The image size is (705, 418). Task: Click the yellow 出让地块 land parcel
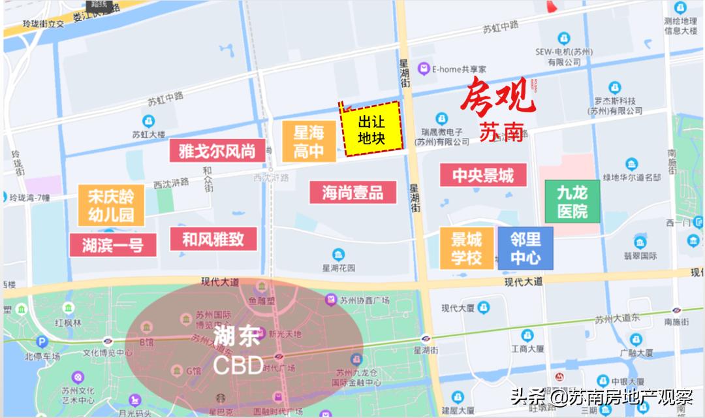tap(371, 130)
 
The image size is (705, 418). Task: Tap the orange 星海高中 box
tap(309, 142)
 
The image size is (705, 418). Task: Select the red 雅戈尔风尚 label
tap(217, 151)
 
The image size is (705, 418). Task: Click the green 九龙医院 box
tap(572, 201)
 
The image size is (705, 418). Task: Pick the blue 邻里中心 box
tap(525, 248)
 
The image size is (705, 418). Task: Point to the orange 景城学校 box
tap(467, 248)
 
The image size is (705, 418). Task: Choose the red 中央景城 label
tap(483, 175)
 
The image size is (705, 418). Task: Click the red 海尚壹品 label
tap(352, 192)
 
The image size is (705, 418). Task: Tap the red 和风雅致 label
tap(213, 239)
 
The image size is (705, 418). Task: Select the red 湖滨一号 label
tap(113, 245)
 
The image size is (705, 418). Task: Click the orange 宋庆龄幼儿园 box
tap(111, 205)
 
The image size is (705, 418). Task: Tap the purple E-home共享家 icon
tap(424, 68)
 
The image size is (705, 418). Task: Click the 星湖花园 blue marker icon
tap(338, 254)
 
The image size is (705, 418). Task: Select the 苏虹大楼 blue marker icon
tap(148, 121)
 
